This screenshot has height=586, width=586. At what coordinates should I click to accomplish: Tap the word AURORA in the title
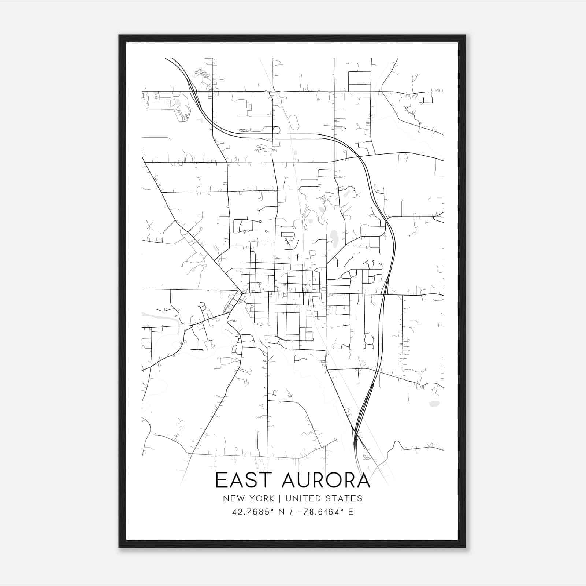coord(326,480)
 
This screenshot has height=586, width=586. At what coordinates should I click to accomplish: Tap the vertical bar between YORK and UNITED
coord(279,498)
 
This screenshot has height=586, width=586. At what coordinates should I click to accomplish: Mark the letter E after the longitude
coord(351,512)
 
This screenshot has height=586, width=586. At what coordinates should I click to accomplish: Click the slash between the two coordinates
coord(291,512)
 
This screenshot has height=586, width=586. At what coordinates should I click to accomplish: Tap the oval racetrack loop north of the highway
coord(294,122)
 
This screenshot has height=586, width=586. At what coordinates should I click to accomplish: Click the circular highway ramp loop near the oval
coord(277,130)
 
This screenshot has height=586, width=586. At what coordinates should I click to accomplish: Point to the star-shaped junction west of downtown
coord(242,293)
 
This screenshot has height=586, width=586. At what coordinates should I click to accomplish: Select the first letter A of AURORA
coord(289,480)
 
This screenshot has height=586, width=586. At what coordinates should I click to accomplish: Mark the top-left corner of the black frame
coord(119,36)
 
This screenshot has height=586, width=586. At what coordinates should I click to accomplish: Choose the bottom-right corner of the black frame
coord(465,547)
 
